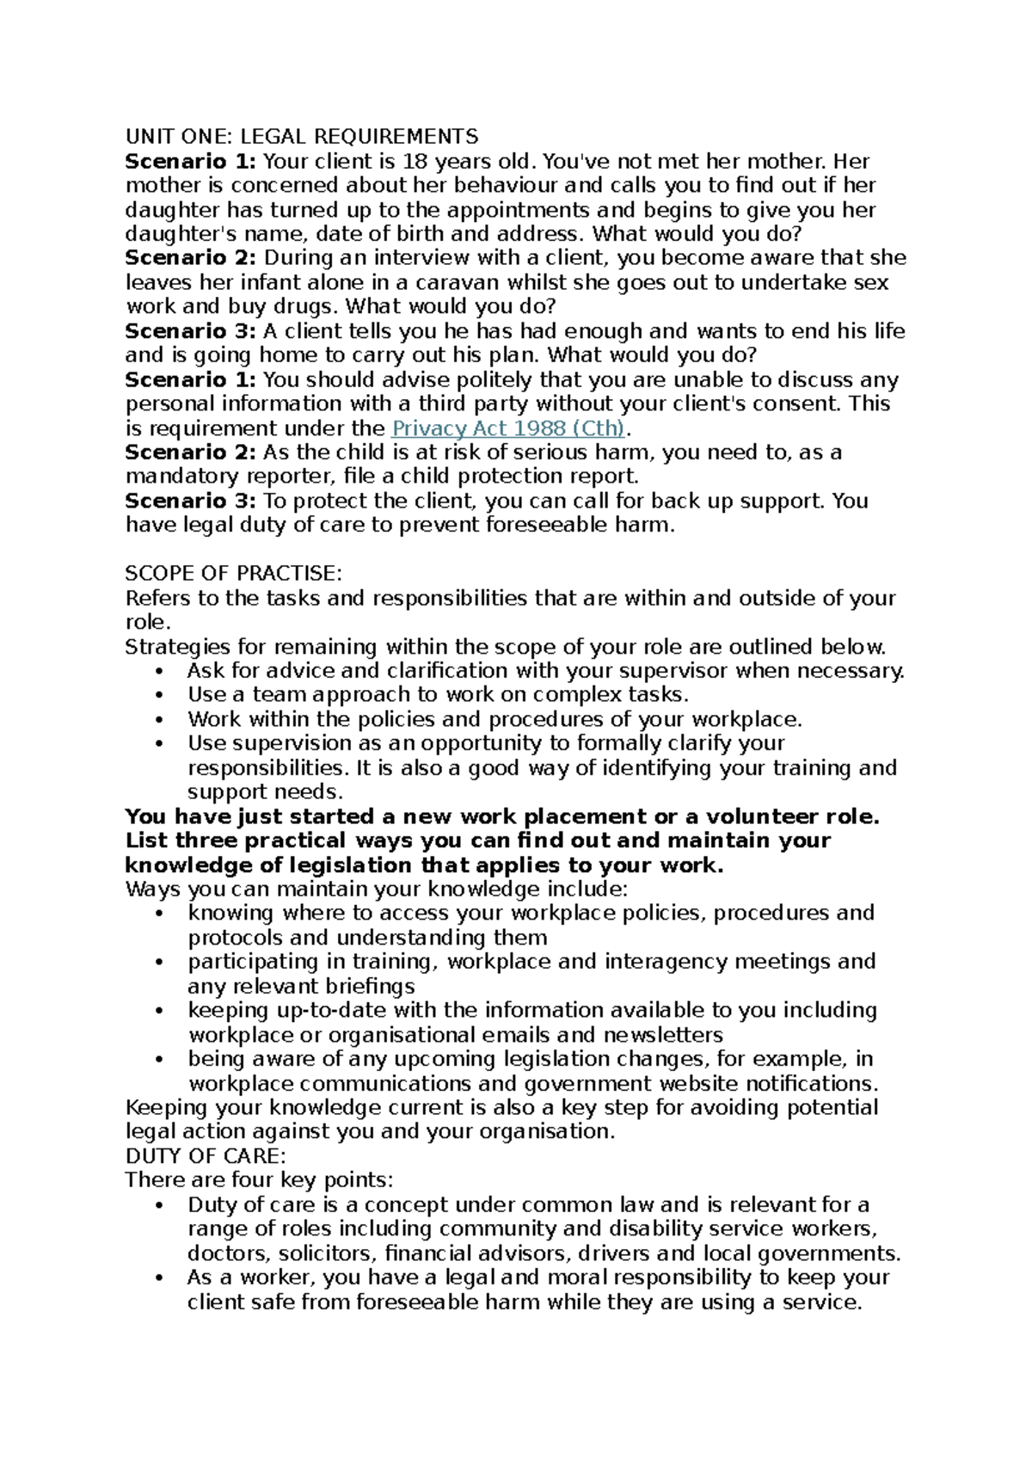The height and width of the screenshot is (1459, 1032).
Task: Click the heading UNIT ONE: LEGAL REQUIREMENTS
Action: point(302,137)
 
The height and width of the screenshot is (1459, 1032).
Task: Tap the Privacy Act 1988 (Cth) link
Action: point(508,428)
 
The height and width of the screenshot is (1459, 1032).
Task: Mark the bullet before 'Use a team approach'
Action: point(160,696)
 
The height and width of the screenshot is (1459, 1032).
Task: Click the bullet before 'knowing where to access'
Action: point(160,914)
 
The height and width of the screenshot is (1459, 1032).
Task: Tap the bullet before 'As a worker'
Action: point(160,1278)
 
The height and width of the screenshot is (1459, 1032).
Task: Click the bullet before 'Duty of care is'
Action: point(160,1205)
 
